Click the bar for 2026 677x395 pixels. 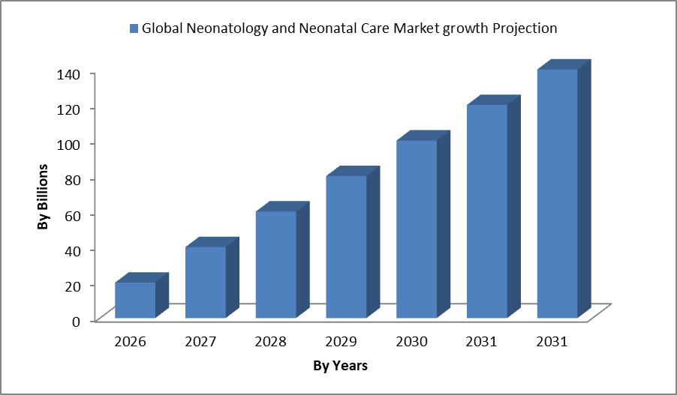click(135, 299)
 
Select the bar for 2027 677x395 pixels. click(206, 282)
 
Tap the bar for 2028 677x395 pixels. click(276, 264)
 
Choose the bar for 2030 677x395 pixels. click(417, 229)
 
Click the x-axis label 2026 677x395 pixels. click(130, 342)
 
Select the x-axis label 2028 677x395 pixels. click(271, 342)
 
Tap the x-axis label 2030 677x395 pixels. click(411, 342)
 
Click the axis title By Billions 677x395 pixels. click(44, 196)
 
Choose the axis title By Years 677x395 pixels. click(340, 366)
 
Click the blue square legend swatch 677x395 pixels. click(134, 29)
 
